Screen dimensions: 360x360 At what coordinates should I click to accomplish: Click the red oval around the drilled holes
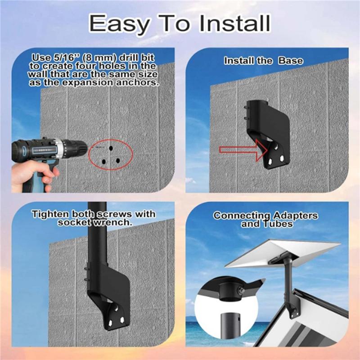click(111, 154)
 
